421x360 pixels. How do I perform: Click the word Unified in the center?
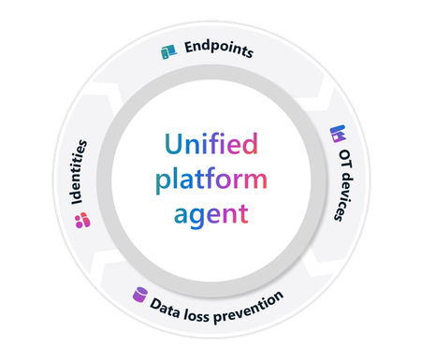[210, 145]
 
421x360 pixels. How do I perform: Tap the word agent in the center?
[210, 212]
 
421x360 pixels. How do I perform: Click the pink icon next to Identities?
[81, 220]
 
